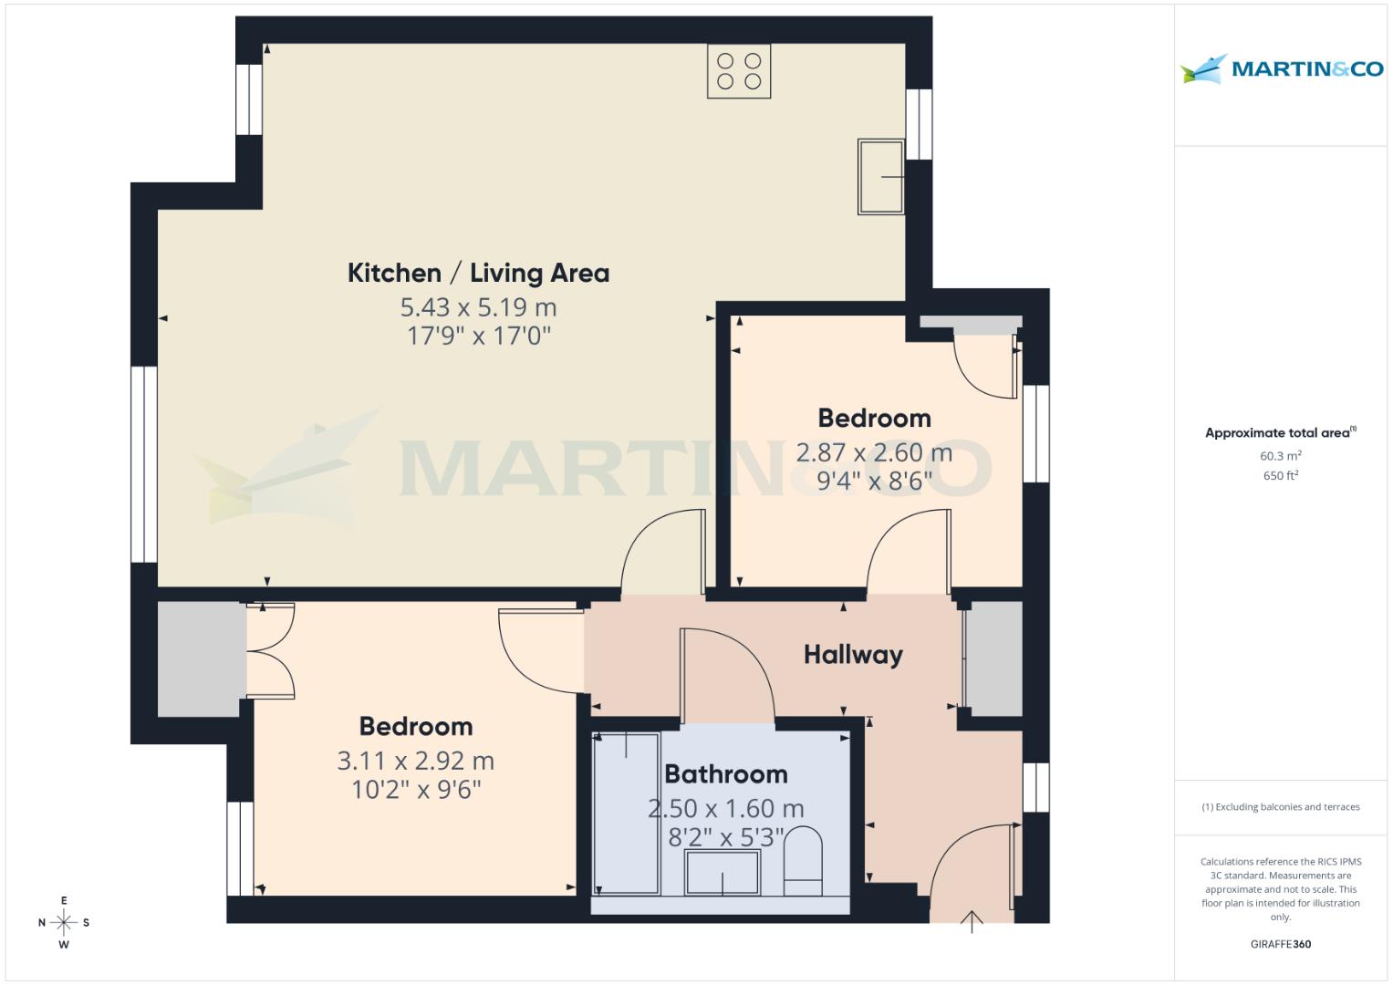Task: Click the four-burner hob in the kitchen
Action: coord(739,71)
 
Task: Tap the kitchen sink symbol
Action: coord(881,177)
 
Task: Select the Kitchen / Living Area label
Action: coord(478,273)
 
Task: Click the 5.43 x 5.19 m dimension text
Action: coord(478,306)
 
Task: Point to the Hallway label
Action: coord(853,654)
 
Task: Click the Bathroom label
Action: coord(725,774)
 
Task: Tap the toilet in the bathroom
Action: coord(803,861)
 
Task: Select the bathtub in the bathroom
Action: coord(626,813)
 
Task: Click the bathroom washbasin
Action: coord(722,873)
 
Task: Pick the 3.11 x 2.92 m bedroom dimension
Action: coord(415,761)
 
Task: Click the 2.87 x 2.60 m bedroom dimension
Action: coord(874,452)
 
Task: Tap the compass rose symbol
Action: coord(64,922)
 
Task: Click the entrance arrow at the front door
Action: coord(972,922)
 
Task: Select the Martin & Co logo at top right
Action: coord(1281,69)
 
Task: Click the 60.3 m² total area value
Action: coord(1280,456)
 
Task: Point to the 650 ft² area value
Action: coord(1280,476)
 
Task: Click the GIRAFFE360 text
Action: coord(1280,944)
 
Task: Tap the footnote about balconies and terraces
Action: coord(1280,807)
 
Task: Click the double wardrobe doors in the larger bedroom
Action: coord(271,650)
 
